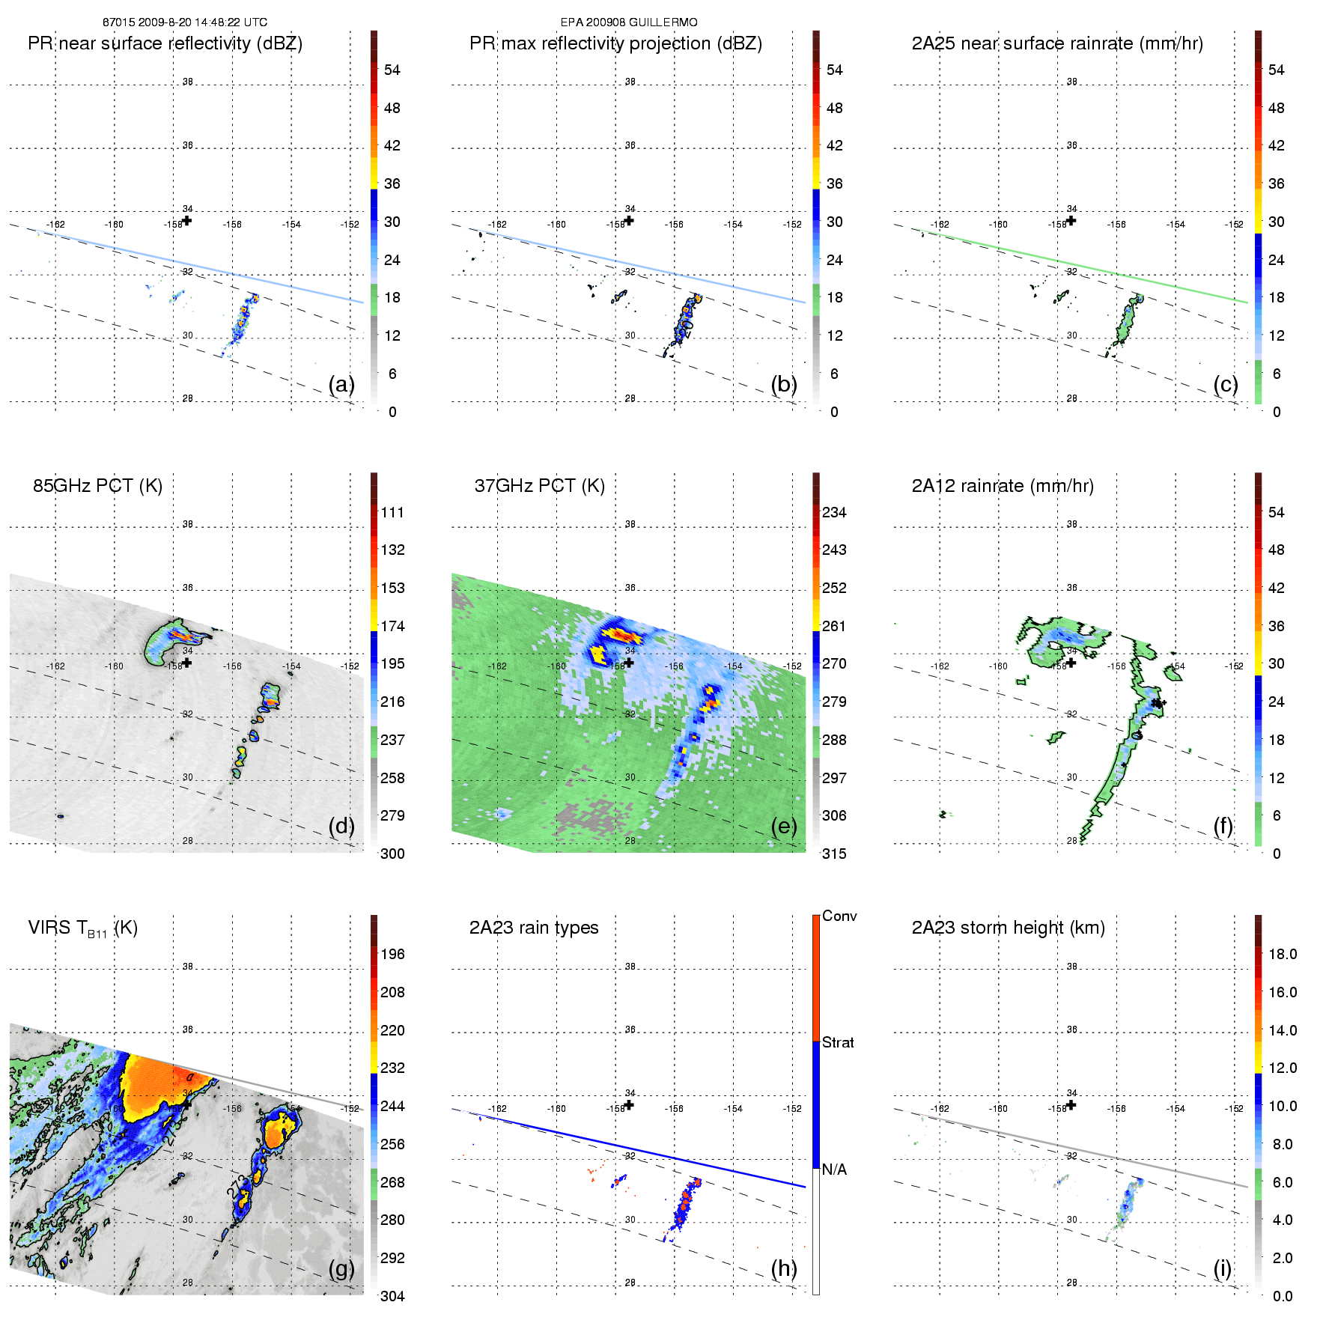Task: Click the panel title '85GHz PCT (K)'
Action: [x=97, y=486]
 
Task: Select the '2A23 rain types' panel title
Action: [x=534, y=928]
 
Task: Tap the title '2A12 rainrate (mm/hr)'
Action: [x=1003, y=486]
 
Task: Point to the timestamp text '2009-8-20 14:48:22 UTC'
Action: [x=203, y=22]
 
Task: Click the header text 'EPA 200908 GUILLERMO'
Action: [x=629, y=22]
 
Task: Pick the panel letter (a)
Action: [x=341, y=385]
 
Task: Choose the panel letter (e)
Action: [x=784, y=827]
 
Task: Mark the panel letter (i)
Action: [x=1222, y=1268]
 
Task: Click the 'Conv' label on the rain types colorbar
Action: [x=839, y=916]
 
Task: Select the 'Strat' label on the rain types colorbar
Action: [x=838, y=1042]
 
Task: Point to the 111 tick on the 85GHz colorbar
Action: [x=392, y=512]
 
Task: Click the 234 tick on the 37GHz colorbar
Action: [x=834, y=512]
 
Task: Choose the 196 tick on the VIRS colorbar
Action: [x=392, y=954]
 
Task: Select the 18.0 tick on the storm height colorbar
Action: [x=1283, y=954]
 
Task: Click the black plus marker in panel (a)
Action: [x=187, y=220]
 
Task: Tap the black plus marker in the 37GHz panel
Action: [x=629, y=662]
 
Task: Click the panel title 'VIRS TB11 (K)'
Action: [x=83, y=928]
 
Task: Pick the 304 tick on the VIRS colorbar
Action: [x=392, y=1296]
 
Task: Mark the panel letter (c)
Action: [x=1226, y=385]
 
